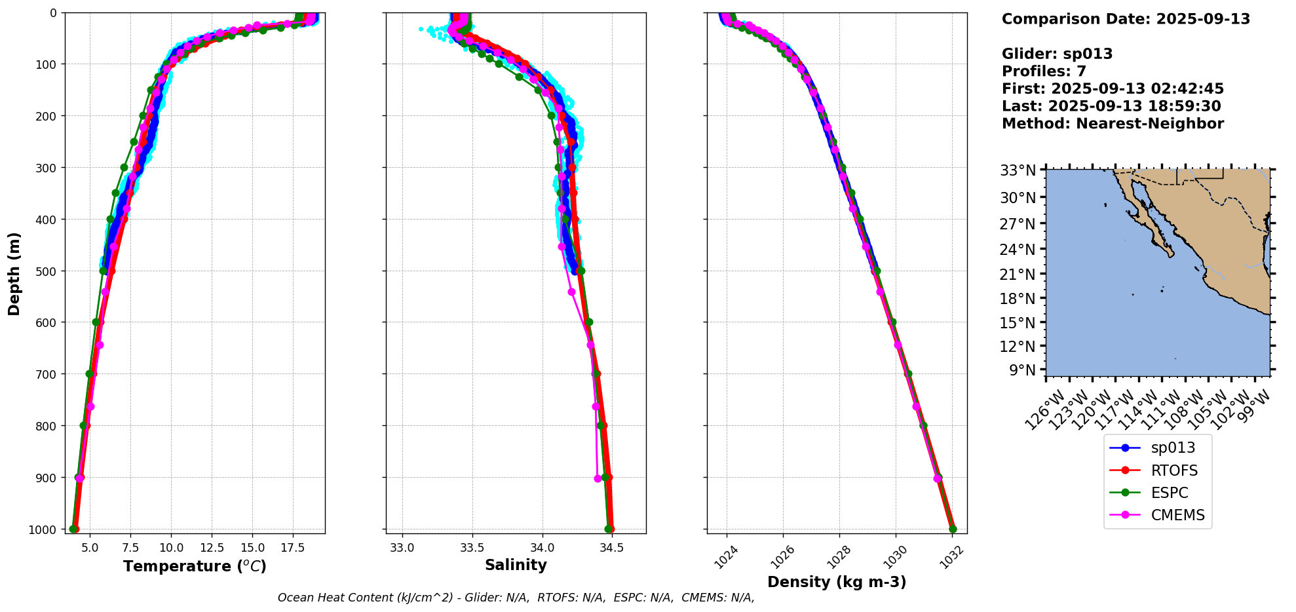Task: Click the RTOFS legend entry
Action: [1173, 470]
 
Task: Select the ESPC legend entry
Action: [1169, 493]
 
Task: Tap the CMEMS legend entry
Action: [1177, 515]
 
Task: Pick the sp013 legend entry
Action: [1173, 448]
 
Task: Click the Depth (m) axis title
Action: [14, 273]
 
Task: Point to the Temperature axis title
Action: [195, 566]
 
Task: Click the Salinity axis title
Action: [516, 565]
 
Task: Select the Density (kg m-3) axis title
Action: [837, 582]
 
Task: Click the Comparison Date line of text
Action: [1126, 19]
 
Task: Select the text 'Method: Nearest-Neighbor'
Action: [1113, 124]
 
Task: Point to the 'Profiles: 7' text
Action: [1044, 71]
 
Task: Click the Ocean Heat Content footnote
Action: [516, 598]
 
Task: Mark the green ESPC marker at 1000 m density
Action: [953, 529]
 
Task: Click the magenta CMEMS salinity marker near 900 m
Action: [598, 478]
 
